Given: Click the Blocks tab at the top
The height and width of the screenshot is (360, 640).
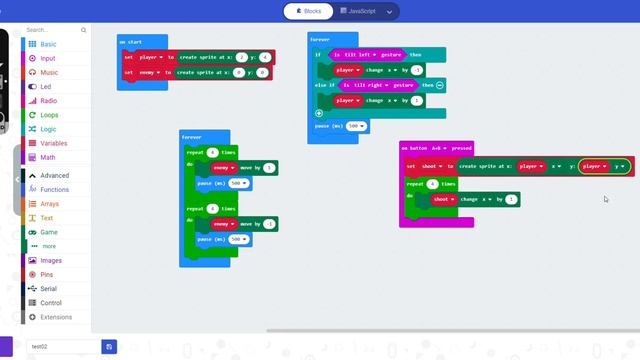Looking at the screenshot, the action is coord(307,11).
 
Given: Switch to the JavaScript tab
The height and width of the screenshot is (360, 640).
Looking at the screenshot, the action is coord(358,11).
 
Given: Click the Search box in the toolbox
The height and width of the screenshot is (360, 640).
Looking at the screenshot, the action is coord(56,30).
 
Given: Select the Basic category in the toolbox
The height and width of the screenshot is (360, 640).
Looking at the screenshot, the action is coord(48,45).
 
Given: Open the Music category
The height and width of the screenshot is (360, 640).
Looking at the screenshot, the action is coord(48,73).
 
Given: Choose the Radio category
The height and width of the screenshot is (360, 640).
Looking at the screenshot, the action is coord(48,101).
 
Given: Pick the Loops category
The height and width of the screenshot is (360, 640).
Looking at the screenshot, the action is coord(49,115).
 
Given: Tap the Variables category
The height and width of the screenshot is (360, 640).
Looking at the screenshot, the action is coord(54,143).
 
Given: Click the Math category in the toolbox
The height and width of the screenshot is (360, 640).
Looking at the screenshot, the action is coord(48,157).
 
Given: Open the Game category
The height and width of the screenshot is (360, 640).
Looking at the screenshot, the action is coord(48,232).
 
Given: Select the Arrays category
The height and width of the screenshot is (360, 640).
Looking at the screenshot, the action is coord(50,204).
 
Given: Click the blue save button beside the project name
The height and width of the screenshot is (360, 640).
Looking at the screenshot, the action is coord(109,346).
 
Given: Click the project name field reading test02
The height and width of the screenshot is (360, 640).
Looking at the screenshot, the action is coord(64,346).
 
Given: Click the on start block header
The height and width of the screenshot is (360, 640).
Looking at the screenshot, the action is coord(130,42).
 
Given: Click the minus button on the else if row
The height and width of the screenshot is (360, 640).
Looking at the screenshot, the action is coord(439,85).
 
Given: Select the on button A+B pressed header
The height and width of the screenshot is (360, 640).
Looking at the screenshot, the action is coord(436,148).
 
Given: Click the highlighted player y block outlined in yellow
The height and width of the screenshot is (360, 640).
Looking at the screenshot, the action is coord(604,166).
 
